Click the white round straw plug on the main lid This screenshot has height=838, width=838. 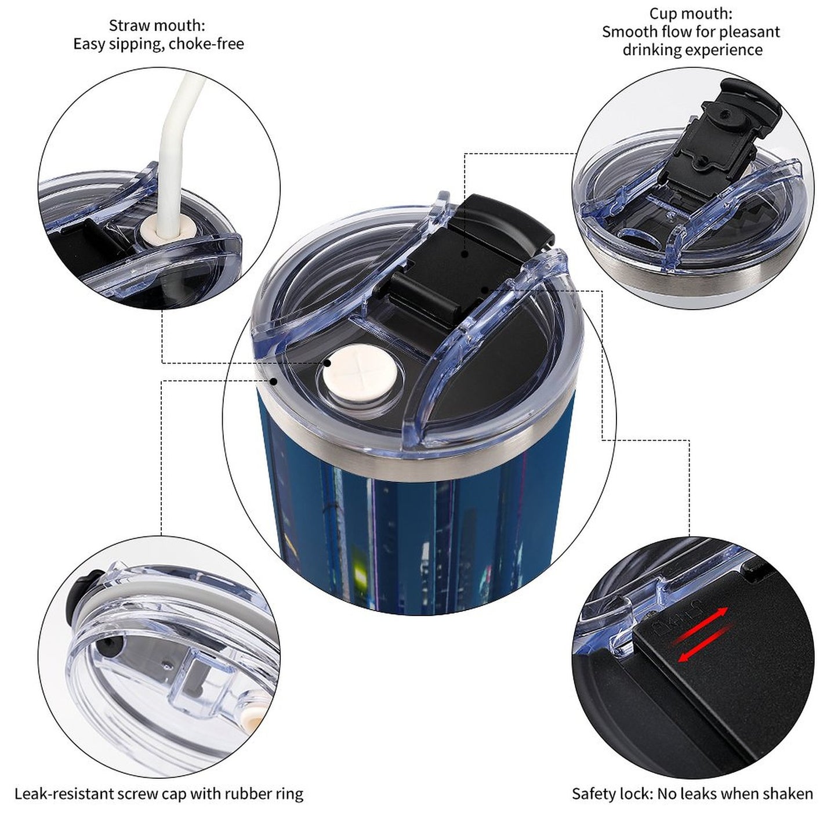[360, 373]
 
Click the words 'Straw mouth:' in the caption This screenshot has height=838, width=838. [157, 26]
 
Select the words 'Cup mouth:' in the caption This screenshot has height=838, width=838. [691, 13]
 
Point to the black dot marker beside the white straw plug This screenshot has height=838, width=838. [327, 362]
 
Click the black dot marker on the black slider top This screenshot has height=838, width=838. [465, 253]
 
